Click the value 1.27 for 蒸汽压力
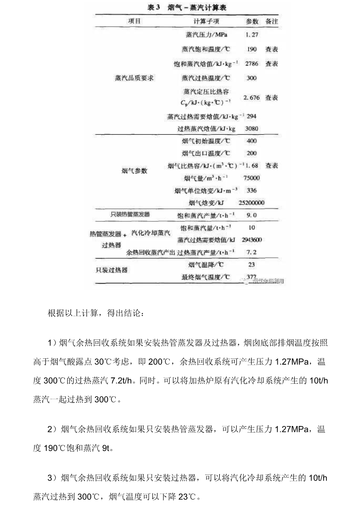(x=251, y=34)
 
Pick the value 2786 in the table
(x=251, y=64)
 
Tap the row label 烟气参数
(x=134, y=171)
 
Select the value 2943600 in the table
(x=251, y=240)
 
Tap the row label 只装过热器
(x=111, y=270)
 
